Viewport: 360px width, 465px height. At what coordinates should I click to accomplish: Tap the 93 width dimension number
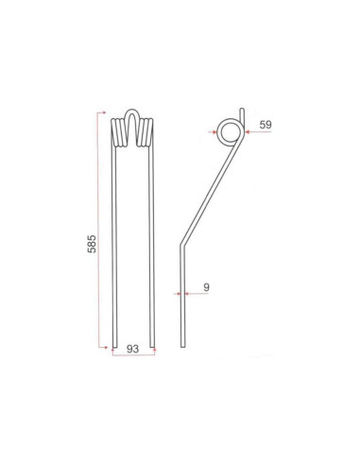[x=133, y=348]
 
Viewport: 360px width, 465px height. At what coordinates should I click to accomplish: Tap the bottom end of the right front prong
[x=156, y=347]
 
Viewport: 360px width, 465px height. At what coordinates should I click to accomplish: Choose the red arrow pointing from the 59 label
[x=248, y=132]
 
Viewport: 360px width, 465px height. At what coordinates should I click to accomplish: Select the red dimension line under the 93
[x=134, y=356]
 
